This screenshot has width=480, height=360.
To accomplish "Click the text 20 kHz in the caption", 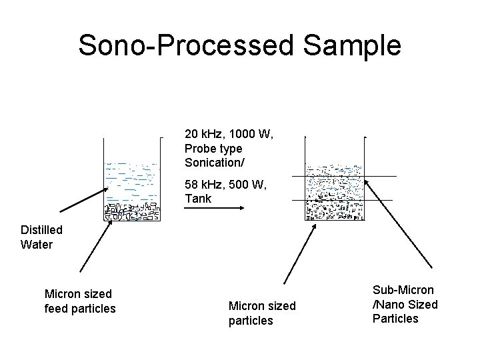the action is tap(204, 135).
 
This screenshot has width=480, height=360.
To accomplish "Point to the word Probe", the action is tap(201, 148).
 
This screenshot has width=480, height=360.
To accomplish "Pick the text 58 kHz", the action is tap(204, 185).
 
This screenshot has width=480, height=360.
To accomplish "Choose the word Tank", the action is tap(198, 198).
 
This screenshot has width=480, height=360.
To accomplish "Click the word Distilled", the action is tap(41, 230).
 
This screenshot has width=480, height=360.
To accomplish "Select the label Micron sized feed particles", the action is tap(79, 301).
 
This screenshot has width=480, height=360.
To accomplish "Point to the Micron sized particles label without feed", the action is tap(261, 313).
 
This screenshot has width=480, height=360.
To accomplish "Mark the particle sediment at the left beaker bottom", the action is tap(133, 211).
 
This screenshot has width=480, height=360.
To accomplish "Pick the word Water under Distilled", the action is tap(37, 244).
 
